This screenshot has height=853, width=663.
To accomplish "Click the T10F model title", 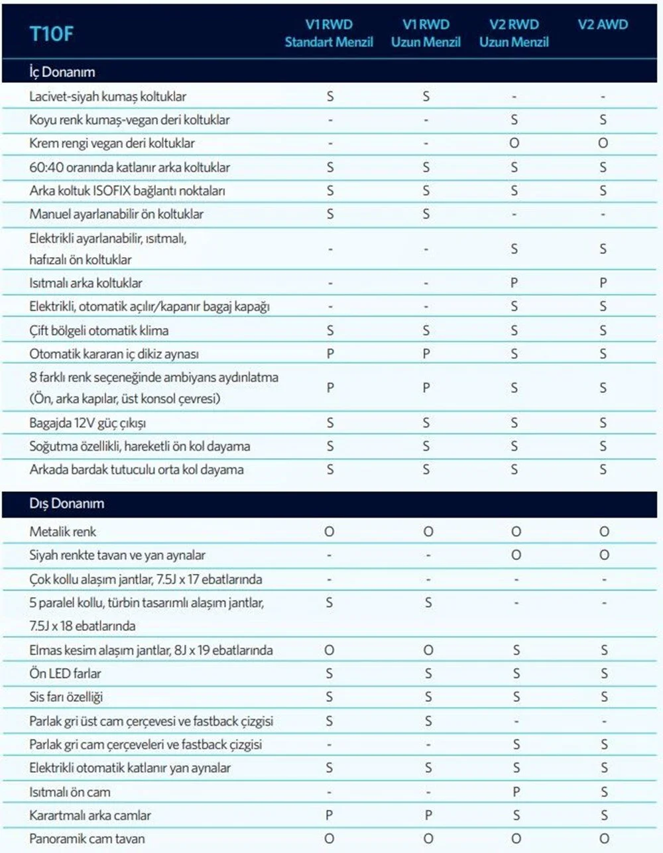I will pyautogui.click(x=51, y=34).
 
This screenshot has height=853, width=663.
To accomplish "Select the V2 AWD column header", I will pyautogui.click(x=602, y=25).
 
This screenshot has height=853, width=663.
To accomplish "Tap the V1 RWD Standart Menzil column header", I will pyautogui.click(x=329, y=33).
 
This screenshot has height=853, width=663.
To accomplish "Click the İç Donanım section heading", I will pyautogui.click(x=62, y=72).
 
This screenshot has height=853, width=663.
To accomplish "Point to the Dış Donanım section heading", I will pyautogui.click(x=66, y=503).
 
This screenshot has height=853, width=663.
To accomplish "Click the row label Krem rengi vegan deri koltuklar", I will pyautogui.click(x=112, y=143).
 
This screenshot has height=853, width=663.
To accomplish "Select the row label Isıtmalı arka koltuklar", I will pyautogui.click(x=86, y=283).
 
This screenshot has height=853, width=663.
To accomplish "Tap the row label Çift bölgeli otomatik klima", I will pyautogui.click(x=99, y=330).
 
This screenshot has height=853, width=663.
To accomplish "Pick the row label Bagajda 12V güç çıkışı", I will pyautogui.click(x=88, y=423).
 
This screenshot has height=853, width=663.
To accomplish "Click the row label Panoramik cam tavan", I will pyautogui.click(x=87, y=838).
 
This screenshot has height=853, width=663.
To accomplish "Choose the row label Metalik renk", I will pyautogui.click(x=63, y=532).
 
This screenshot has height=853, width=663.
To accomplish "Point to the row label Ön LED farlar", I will pyautogui.click(x=65, y=673).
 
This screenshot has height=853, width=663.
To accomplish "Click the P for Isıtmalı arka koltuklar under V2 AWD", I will pyautogui.click(x=603, y=283).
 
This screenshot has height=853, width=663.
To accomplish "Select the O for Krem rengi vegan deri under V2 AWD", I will pyautogui.click(x=603, y=143).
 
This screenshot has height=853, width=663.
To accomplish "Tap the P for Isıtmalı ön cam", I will pyautogui.click(x=516, y=791).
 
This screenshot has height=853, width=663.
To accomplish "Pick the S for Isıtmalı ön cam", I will pyautogui.click(x=604, y=791).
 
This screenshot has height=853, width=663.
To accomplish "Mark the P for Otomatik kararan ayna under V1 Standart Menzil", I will pyautogui.click(x=330, y=354).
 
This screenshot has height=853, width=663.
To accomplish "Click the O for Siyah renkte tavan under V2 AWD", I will pyautogui.click(x=604, y=555).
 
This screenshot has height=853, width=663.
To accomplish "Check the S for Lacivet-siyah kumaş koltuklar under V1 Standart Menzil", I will pyautogui.click(x=330, y=97).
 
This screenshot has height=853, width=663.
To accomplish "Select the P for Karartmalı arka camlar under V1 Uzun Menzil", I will pyautogui.click(x=428, y=815).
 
